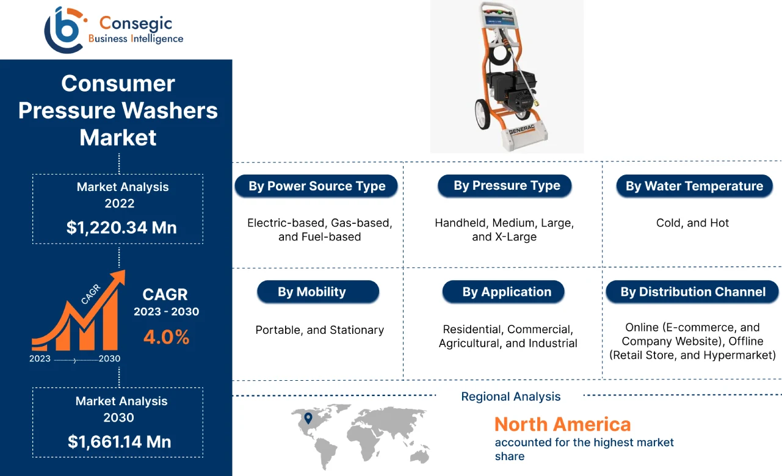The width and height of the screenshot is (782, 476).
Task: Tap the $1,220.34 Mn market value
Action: (x=121, y=228)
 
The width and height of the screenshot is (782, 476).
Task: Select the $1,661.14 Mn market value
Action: (x=119, y=441)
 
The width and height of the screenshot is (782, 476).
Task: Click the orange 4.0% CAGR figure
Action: (x=166, y=337)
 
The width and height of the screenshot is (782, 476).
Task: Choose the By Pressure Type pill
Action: (x=506, y=186)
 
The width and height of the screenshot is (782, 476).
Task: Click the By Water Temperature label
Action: (x=694, y=186)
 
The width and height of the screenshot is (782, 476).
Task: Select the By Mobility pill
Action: (x=320, y=292)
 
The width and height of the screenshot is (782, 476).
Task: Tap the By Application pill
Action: (x=506, y=292)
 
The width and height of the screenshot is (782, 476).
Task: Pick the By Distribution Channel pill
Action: (x=693, y=292)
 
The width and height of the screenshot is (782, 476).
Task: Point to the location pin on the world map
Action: (x=308, y=418)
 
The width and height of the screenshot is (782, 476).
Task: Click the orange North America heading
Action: (x=562, y=424)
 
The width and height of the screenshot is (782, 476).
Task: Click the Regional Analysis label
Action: (x=510, y=397)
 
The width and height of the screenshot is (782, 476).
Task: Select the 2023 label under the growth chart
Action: (x=40, y=359)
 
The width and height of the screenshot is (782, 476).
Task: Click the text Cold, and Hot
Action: (x=692, y=223)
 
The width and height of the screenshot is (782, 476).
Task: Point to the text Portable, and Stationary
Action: (x=319, y=330)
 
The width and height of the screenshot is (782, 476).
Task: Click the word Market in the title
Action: (x=118, y=137)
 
